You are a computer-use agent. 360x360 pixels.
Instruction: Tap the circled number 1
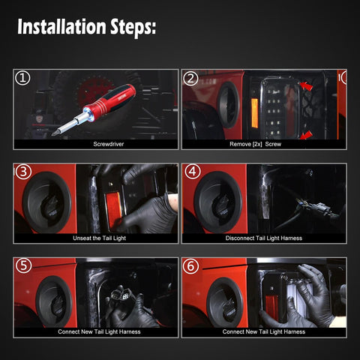pos(22,78)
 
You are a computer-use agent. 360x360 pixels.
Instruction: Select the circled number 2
pos(190,78)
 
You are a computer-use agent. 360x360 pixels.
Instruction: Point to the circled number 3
pos(23,172)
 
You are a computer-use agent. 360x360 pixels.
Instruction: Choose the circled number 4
pos(193,172)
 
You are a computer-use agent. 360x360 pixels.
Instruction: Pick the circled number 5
pos(23,265)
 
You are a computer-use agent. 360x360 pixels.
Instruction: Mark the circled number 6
pos(190,266)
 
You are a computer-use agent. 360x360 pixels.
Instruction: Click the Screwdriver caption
pos(109,144)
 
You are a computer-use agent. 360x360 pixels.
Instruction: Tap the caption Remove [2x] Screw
pos(255,144)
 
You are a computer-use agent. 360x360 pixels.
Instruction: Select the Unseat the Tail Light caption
pos(99,238)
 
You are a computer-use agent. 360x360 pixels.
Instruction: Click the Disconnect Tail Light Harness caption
pos(264,238)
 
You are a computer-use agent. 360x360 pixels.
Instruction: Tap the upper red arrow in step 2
pos(307,86)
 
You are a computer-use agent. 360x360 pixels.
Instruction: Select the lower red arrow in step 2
pos(307,135)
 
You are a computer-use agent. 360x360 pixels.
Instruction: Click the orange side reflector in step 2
pos(254,114)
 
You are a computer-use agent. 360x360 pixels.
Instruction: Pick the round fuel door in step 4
pos(217,202)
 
